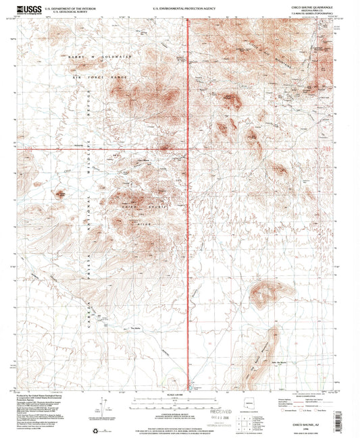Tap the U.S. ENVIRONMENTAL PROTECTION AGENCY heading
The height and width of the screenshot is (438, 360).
[x=179, y=7]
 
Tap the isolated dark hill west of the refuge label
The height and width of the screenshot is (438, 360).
[x=61, y=195]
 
